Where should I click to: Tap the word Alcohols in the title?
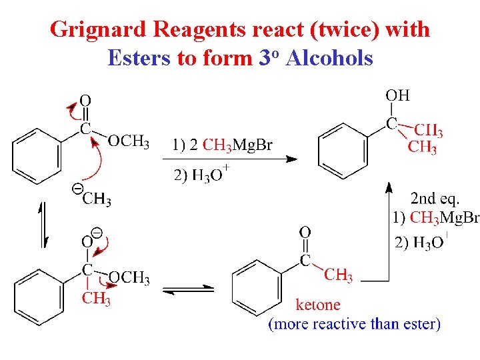(329, 59)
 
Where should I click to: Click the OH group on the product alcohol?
(397, 96)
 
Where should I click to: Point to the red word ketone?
(317, 305)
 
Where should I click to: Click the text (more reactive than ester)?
(354, 325)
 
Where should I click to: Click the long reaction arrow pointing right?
(229, 159)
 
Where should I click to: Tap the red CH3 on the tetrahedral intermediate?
(96, 299)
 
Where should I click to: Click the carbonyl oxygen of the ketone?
(305, 233)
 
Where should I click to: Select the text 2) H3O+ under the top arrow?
(201, 176)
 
